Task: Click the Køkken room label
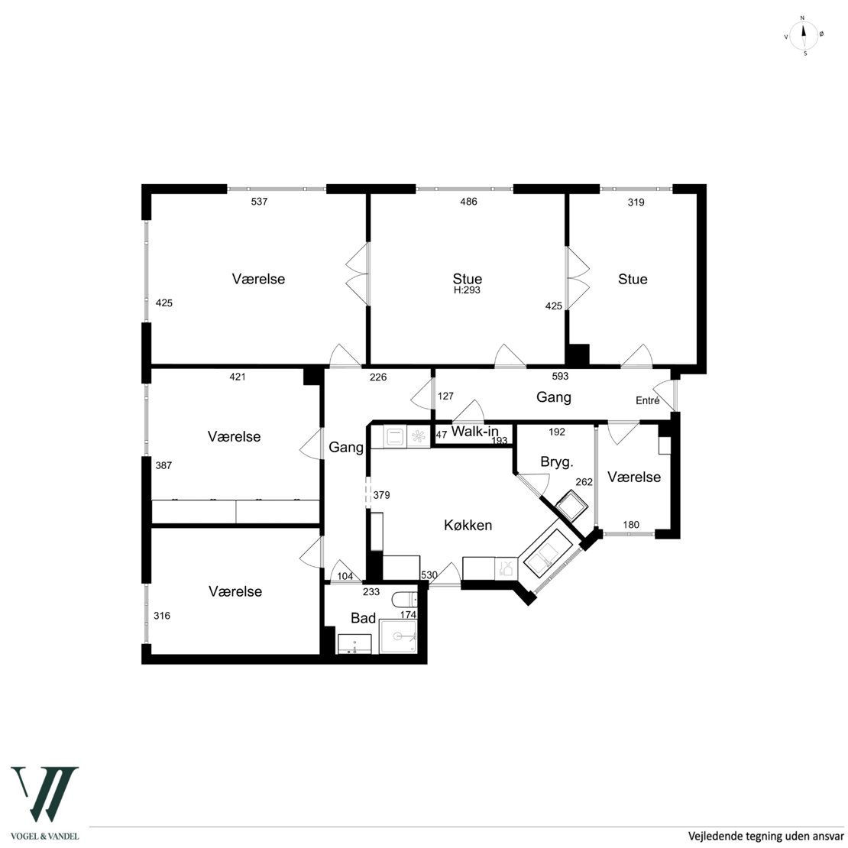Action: [468, 525]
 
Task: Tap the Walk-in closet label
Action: [475, 432]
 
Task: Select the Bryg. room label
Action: [556, 462]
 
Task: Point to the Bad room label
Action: [363, 618]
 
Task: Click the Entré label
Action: [647, 401]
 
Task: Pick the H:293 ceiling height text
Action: [467, 290]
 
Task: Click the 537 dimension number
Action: [259, 202]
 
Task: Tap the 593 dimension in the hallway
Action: [560, 376]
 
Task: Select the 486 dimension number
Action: [468, 202]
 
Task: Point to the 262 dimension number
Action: [584, 482]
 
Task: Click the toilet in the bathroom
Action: [405, 599]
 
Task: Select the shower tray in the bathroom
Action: [398, 636]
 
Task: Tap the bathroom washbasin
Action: [354, 644]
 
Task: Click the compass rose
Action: [804, 36]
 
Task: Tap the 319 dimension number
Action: [636, 202]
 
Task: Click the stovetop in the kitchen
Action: [418, 436]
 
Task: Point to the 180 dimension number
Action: [630, 525]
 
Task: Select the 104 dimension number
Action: [345, 577]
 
